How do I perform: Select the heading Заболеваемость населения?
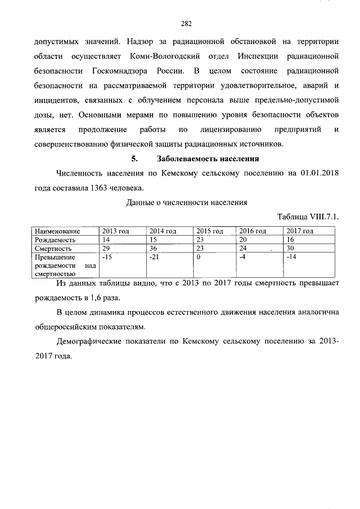click(207, 158)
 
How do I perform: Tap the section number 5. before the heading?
click(134, 158)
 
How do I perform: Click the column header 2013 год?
click(115, 231)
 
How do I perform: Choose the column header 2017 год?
click(300, 231)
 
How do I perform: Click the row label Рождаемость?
click(55, 240)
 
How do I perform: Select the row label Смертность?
click(53, 248)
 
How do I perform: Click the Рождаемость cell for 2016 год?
click(244, 240)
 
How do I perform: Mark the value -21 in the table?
click(154, 256)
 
